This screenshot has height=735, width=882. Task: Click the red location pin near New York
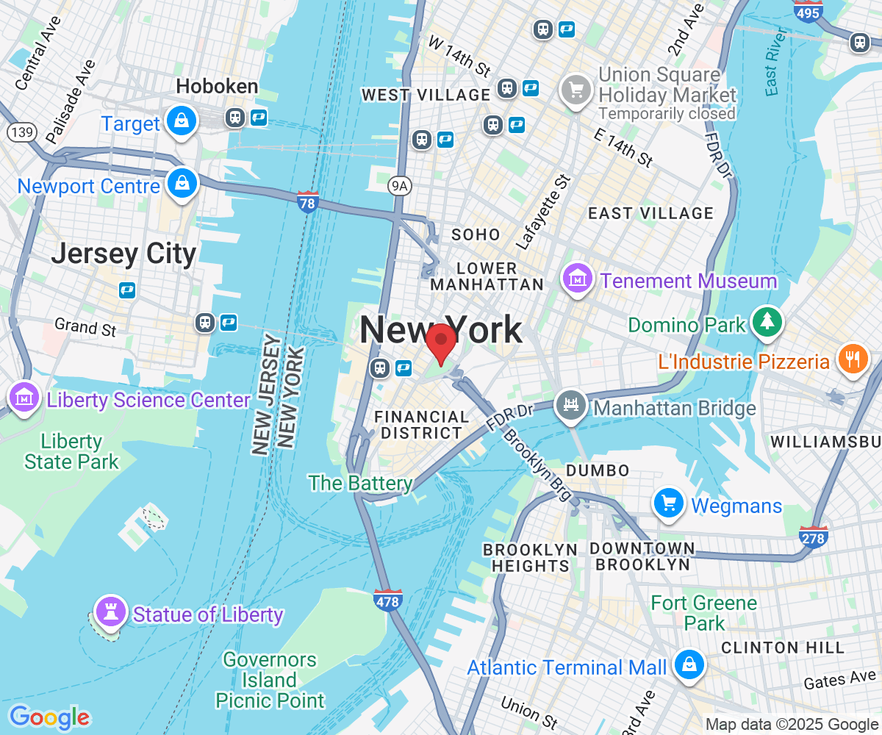point(441,340)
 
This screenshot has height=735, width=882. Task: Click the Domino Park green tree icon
point(767,322)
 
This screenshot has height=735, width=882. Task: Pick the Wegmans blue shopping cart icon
point(669,504)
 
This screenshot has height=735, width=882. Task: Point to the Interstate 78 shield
point(308,201)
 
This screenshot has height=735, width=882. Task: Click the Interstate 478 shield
point(387,600)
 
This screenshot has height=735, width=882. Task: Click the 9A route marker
point(399,187)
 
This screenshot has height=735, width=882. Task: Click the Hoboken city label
point(217,87)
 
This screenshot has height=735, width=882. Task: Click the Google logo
point(49,717)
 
